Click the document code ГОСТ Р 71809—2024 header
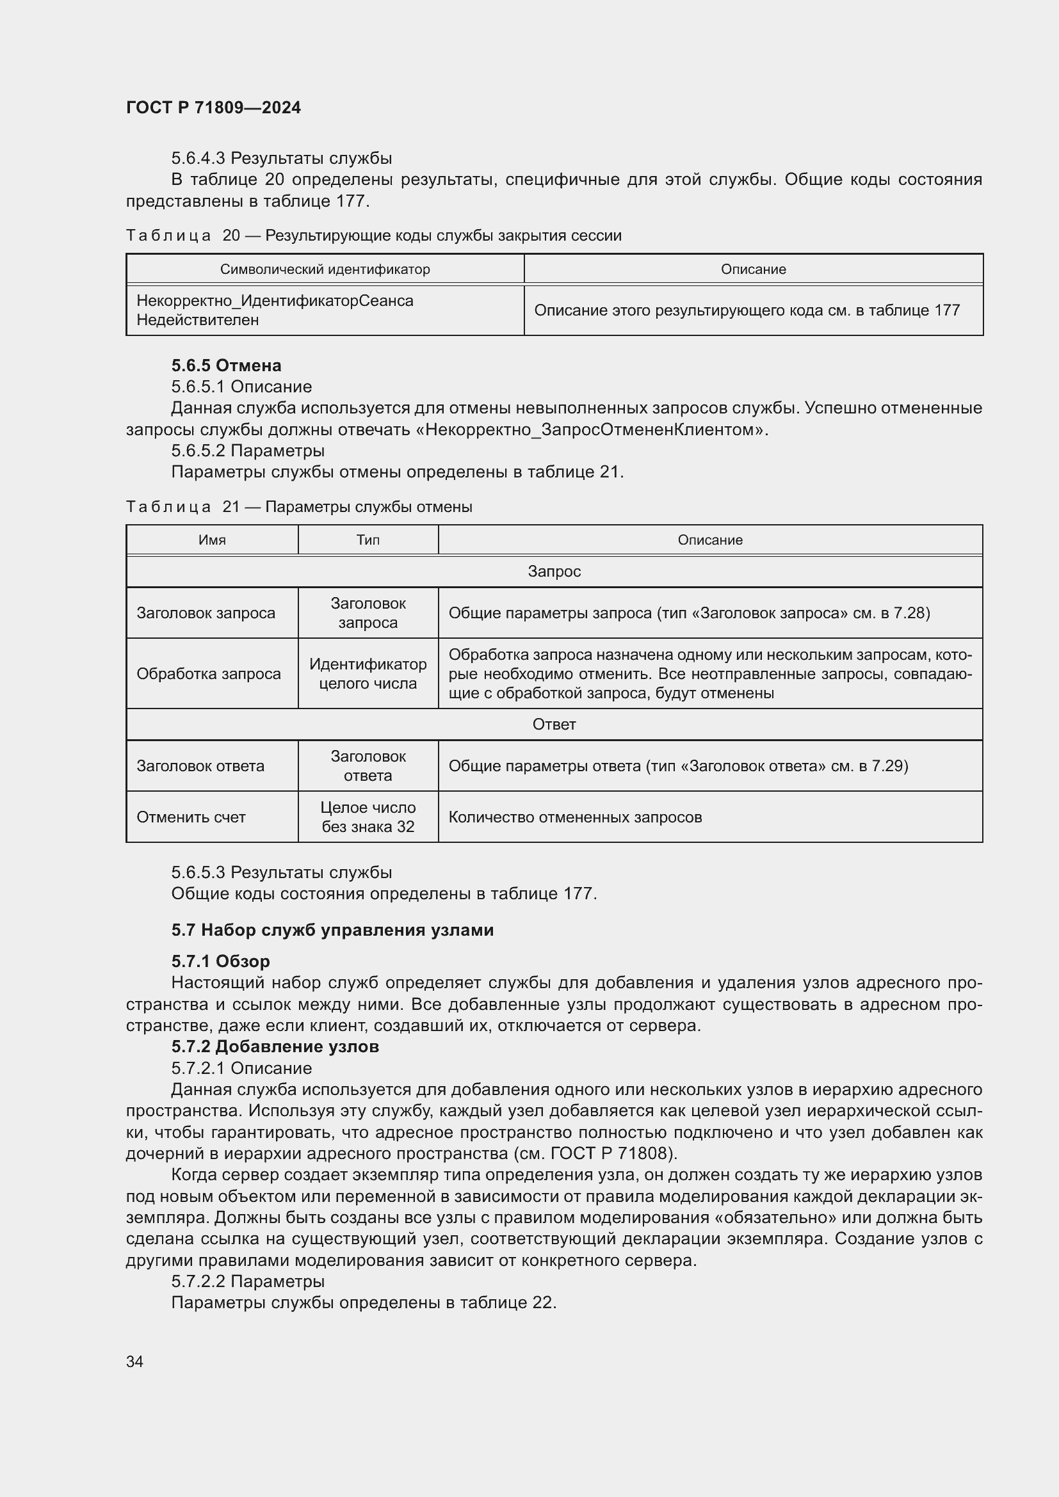coord(213,108)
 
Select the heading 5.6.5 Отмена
coord(226,365)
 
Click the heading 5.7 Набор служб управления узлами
coord(332,930)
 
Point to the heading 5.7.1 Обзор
coord(220,961)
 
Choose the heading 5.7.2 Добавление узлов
coord(275,1046)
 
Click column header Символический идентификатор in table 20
coord(325,269)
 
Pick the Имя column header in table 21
coord(212,540)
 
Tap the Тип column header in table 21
coord(368,540)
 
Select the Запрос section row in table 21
coord(554,571)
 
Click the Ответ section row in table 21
coord(554,724)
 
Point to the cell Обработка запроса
coord(209,673)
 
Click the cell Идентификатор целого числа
coord(368,673)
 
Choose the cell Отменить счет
coord(191,817)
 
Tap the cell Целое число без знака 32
coord(368,817)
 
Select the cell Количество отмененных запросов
coord(575,817)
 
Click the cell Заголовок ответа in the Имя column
coord(200,765)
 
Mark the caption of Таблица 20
coord(374,236)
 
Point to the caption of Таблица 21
coord(299,507)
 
